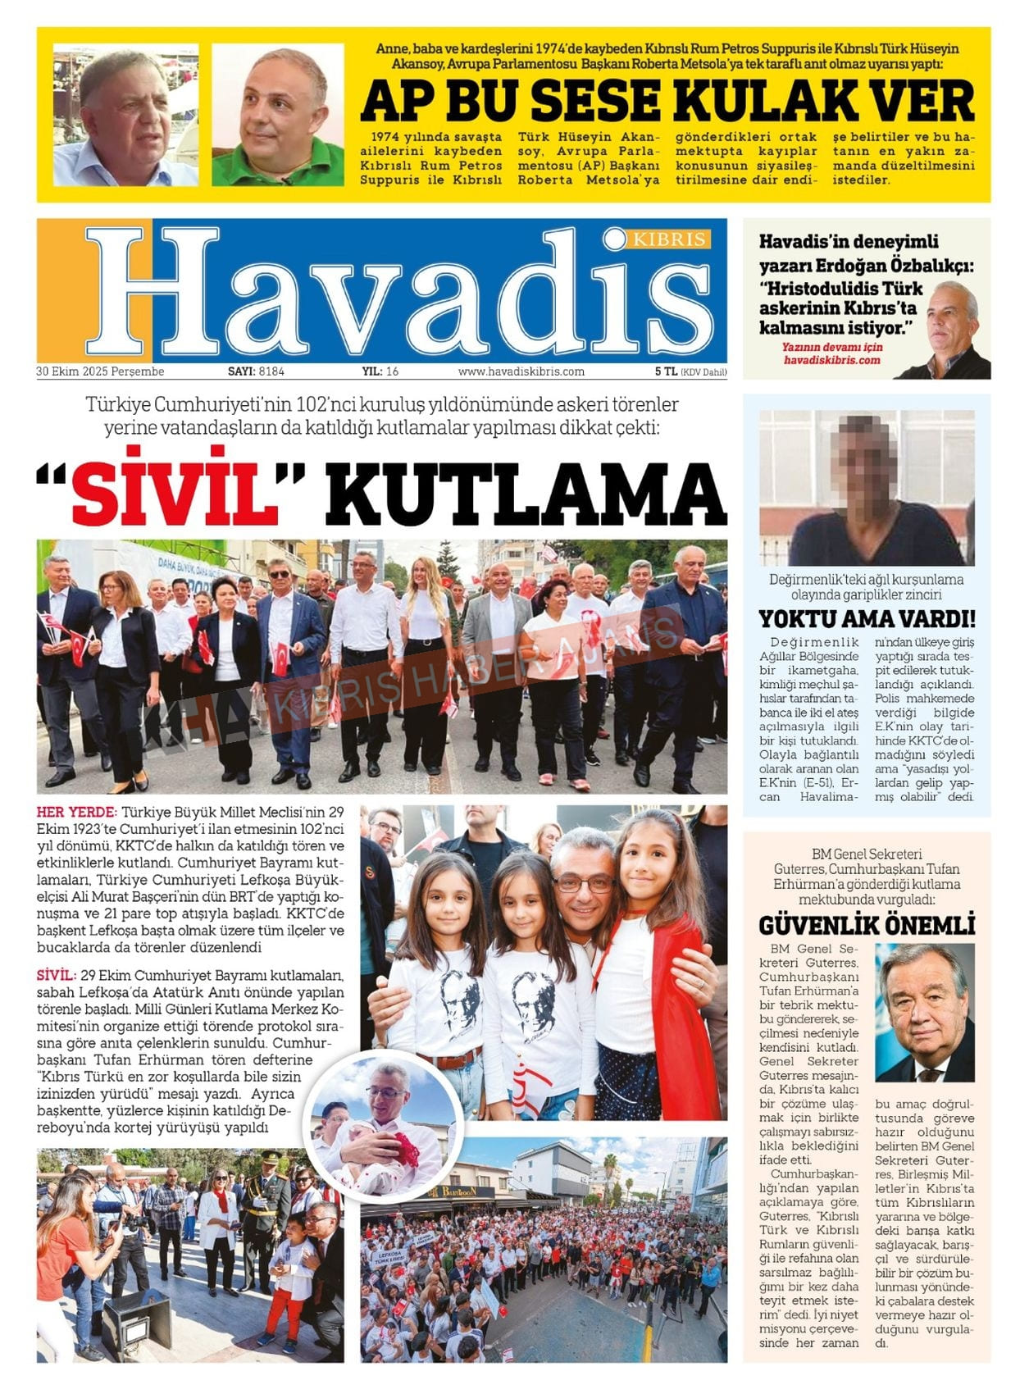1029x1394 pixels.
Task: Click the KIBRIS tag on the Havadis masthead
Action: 669,239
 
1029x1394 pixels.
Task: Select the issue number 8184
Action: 271,371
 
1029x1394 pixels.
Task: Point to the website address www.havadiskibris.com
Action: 521,371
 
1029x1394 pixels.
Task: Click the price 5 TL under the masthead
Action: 666,371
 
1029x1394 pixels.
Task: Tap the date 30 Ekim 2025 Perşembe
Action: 100,371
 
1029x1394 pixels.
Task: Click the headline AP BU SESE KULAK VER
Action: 667,102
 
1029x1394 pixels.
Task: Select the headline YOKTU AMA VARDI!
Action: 867,618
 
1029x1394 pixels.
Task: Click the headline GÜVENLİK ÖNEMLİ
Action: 867,926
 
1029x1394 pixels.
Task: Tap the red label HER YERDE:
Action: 76,813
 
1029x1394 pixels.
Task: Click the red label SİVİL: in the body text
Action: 57,976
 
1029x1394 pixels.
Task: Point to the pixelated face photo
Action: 867,487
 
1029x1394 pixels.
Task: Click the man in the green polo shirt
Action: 277,115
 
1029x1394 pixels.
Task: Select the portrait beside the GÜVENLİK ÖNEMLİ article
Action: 924,1013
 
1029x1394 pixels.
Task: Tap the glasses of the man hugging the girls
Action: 583,883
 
